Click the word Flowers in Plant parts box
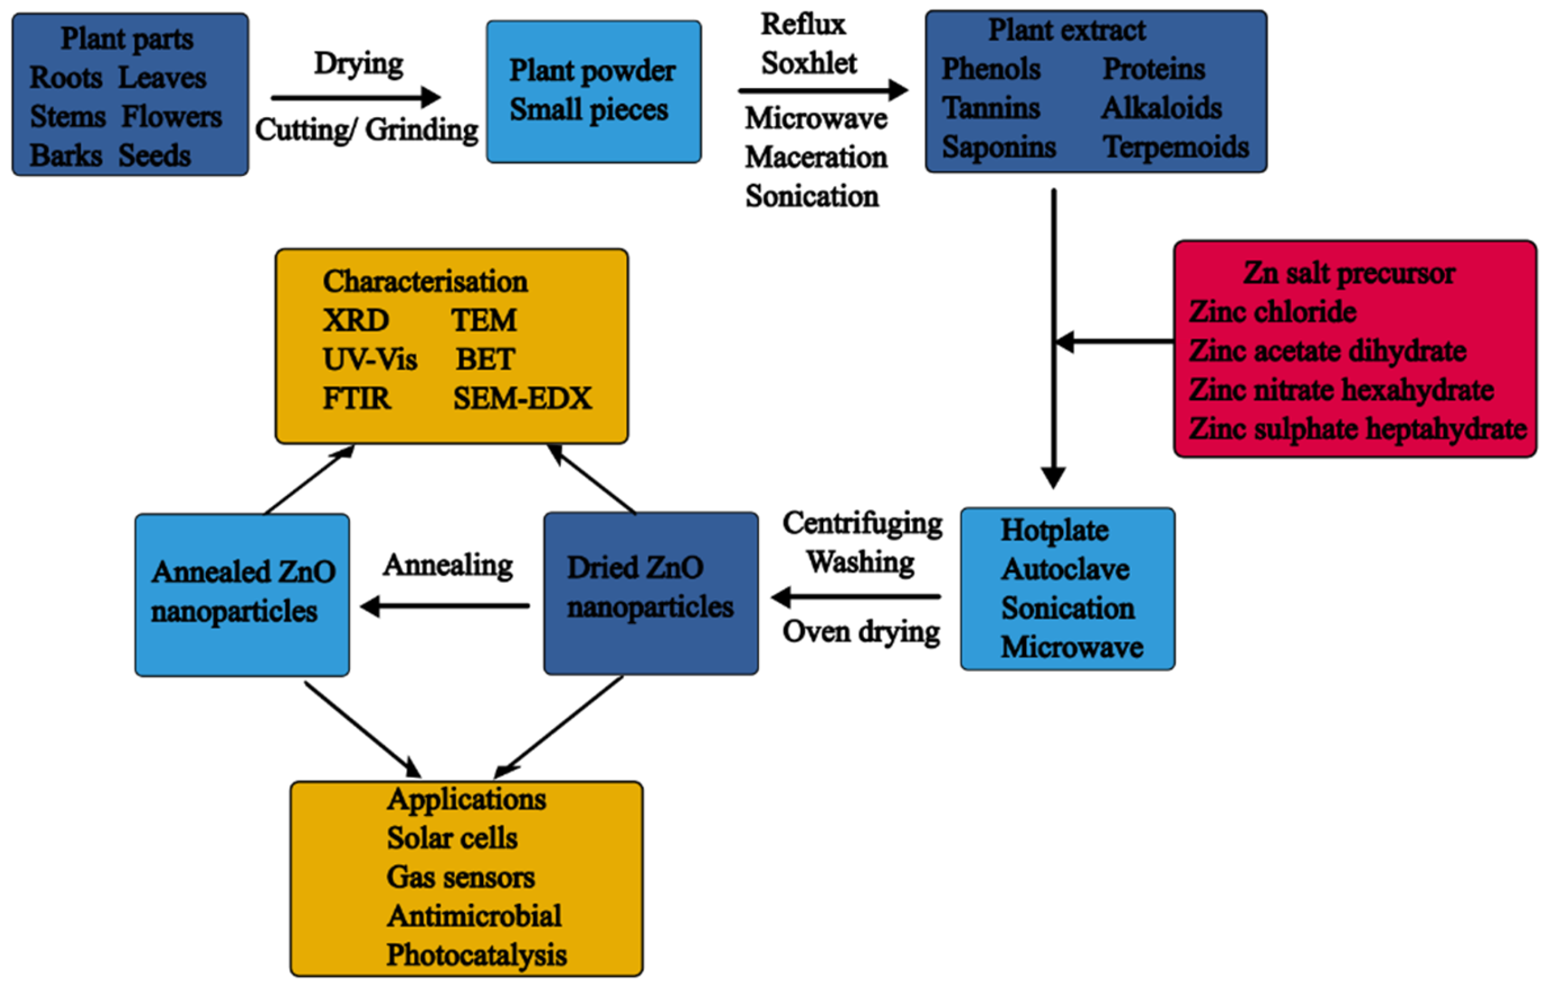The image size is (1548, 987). [x=172, y=117]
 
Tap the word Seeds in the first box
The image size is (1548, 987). [x=154, y=156]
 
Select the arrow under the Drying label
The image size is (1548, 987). [x=355, y=97]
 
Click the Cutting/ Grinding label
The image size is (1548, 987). [x=366, y=130]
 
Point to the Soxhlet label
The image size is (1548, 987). [x=809, y=63]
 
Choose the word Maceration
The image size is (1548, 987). [x=816, y=157]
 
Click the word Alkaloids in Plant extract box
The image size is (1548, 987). [x=1161, y=108]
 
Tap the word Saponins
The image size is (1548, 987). [x=998, y=147]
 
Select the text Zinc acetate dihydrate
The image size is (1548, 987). [x=1327, y=352]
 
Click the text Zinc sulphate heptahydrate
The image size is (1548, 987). [x=1357, y=429]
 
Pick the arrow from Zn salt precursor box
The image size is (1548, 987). [x=1115, y=341]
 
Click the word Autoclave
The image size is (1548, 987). [x=1064, y=569]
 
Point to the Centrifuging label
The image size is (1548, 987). [x=861, y=523]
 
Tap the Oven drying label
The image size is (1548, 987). [x=861, y=632]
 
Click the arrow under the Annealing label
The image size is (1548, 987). [x=445, y=606]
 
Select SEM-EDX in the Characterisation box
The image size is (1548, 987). [x=521, y=399]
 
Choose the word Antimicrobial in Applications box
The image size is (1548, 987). [x=473, y=916]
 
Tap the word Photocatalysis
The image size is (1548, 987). [x=476, y=955]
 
